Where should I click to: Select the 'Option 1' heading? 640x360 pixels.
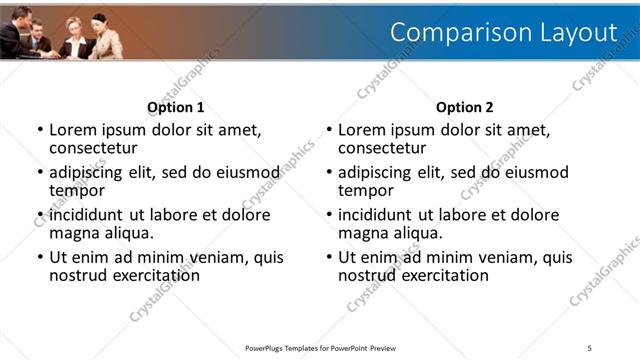point(176,107)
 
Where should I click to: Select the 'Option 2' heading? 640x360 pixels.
point(465,107)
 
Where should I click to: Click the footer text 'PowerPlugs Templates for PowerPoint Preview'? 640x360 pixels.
point(320,348)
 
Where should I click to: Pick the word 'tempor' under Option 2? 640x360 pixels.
point(366,190)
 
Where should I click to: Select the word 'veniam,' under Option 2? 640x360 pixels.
point(509,257)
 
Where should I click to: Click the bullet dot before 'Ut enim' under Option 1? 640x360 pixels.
point(40,257)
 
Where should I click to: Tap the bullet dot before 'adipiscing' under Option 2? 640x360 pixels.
point(329,172)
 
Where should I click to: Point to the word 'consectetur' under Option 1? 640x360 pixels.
point(92,148)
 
